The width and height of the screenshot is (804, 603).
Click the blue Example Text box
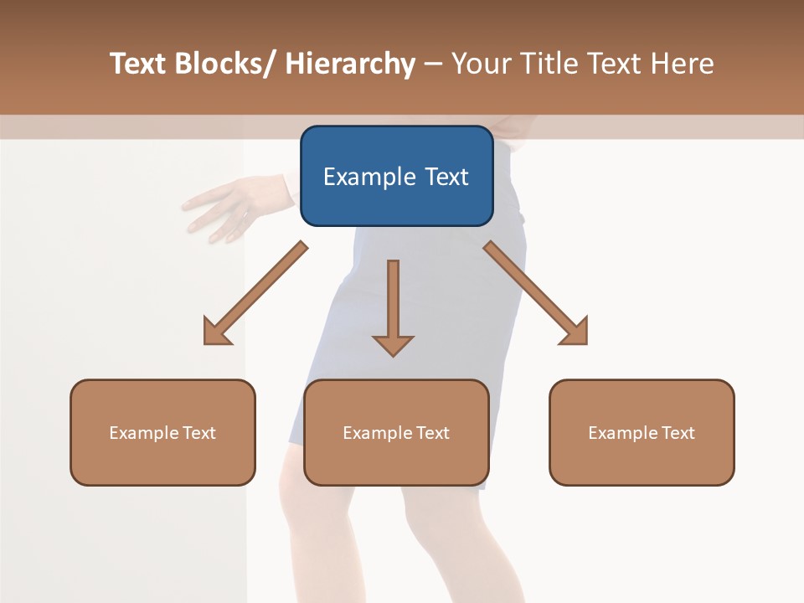point(396,176)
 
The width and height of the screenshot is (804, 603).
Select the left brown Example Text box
point(162,432)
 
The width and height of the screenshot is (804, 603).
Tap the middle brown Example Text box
point(396,432)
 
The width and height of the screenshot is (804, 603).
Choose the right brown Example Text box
point(642,432)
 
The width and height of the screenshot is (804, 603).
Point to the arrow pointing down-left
point(255,293)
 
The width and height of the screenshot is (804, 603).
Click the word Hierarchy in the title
point(350,64)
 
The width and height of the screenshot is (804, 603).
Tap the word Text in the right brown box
point(678,432)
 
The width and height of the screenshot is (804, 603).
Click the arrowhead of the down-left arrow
point(216,332)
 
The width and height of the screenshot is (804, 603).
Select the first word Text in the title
point(139,64)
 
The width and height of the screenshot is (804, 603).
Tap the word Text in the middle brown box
point(432,432)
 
